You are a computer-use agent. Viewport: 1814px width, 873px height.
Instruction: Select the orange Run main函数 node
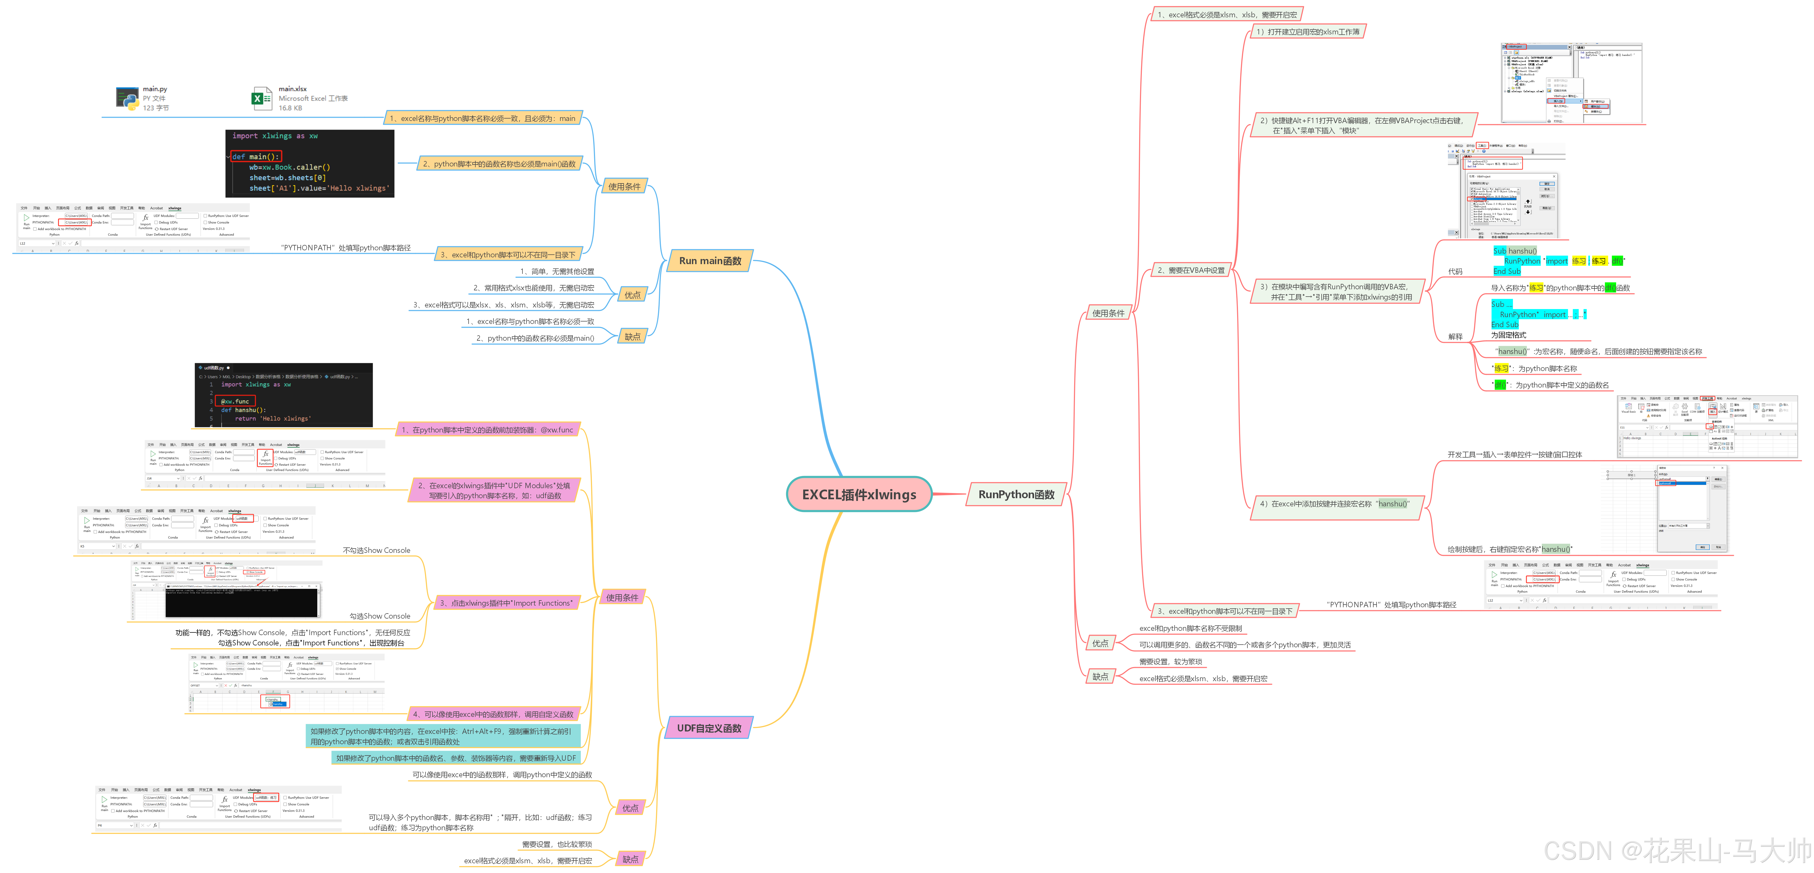710,261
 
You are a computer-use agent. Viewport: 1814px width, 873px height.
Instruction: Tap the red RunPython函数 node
1016,494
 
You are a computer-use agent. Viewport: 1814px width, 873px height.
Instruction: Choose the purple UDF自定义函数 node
708,728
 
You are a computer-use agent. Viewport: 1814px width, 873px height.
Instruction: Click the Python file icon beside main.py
128,99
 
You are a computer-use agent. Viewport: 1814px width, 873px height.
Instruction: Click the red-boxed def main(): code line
256,156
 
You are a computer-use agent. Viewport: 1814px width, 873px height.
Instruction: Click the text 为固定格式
1508,335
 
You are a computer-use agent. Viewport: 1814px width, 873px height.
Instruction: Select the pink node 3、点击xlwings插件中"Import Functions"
506,603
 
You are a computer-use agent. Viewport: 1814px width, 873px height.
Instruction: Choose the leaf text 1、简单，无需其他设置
556,271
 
